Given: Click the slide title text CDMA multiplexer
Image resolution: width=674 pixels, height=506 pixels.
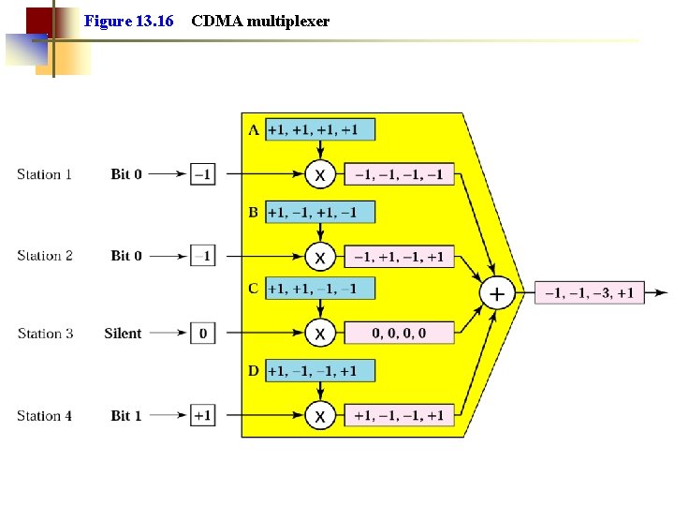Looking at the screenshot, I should pos(260,21).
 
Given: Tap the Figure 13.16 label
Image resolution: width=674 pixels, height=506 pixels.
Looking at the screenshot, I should pos(128,21).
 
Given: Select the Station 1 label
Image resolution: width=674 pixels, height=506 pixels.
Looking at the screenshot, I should pos(44,174).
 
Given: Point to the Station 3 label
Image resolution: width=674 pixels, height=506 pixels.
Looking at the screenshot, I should pos(45,334).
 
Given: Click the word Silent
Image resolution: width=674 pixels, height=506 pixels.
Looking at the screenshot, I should pos(123,334).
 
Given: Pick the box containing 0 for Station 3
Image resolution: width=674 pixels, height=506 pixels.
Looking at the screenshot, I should pos(202,334).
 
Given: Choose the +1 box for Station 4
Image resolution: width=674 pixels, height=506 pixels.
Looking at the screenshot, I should pos(202,415).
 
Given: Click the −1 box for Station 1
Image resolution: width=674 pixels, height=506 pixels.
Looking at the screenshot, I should pos(202,174).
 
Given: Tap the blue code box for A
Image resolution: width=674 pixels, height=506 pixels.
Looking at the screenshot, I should pos(319,129).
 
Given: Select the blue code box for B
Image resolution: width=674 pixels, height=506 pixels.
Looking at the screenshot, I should pos(319,213).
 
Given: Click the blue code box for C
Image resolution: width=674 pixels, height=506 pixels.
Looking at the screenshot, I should pos(319,289).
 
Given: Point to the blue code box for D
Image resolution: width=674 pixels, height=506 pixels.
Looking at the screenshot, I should pos(319,371).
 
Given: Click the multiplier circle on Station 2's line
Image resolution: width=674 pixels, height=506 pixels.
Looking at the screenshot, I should pos(320,257).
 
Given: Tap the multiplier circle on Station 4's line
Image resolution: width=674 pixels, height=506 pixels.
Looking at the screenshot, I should pos(320,415).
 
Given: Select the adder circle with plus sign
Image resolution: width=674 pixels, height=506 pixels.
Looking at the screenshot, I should pos(496,294).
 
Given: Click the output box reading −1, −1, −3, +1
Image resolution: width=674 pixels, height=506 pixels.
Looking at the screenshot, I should pos(590,293).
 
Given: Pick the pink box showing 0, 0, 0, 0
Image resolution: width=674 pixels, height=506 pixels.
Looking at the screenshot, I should pos(399,334).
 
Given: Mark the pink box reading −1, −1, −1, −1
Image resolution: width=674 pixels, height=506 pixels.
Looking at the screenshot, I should pos(399,174).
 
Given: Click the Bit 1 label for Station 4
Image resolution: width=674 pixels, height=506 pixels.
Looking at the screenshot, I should pos(126,415).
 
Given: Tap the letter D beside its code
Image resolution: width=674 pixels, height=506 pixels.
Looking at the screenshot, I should pos(254,371).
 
